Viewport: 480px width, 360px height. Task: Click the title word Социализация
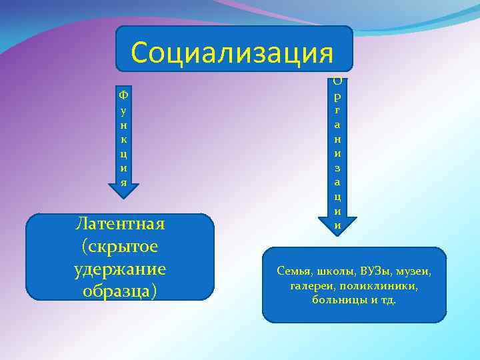click(232, 51)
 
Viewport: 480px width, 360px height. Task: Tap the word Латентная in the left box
click(121, 224)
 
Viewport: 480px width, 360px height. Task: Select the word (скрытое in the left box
click(120, 247)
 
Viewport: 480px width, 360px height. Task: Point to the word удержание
click(121, 270)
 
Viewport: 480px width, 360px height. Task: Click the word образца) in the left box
click(120, 292)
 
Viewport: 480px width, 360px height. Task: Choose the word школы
click(335, 271)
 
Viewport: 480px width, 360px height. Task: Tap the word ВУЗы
click(375, 271)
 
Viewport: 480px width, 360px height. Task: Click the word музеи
click(414, 271)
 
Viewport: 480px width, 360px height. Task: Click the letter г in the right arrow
click(338, 109)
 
